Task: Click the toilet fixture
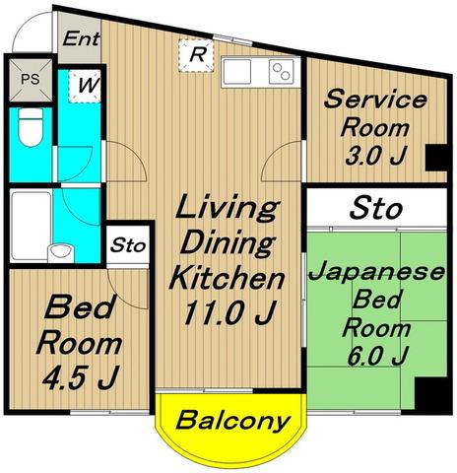coord(31,127)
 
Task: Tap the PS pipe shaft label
coord(31,79)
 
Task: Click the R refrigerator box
coord(196,55)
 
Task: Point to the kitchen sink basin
coord(236,72)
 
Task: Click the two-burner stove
coord(282,72)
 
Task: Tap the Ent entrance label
coord(81,39)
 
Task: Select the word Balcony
coord(233,421)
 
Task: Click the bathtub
coord(31,227)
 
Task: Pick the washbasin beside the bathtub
coord(61,253)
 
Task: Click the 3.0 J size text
coord(375,156)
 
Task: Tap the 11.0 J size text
coord(228,313)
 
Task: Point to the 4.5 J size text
coord(80,377)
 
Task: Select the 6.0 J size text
coord(377,357)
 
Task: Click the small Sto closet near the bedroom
coord(128,245)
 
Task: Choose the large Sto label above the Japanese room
coord(376,208)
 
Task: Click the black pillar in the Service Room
coord(436,158)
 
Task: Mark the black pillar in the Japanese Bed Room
coord(430,394)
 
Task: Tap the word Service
coord(375,100)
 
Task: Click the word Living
coord(228,208)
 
